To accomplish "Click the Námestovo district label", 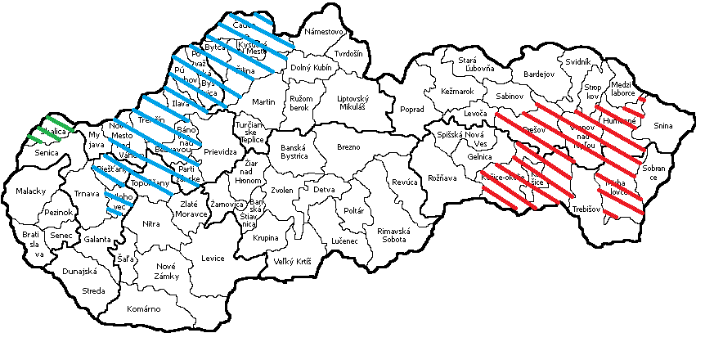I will [x=323, y=33].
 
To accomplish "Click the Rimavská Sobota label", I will [x=396, y=236].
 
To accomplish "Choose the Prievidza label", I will [x=219, y=151].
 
